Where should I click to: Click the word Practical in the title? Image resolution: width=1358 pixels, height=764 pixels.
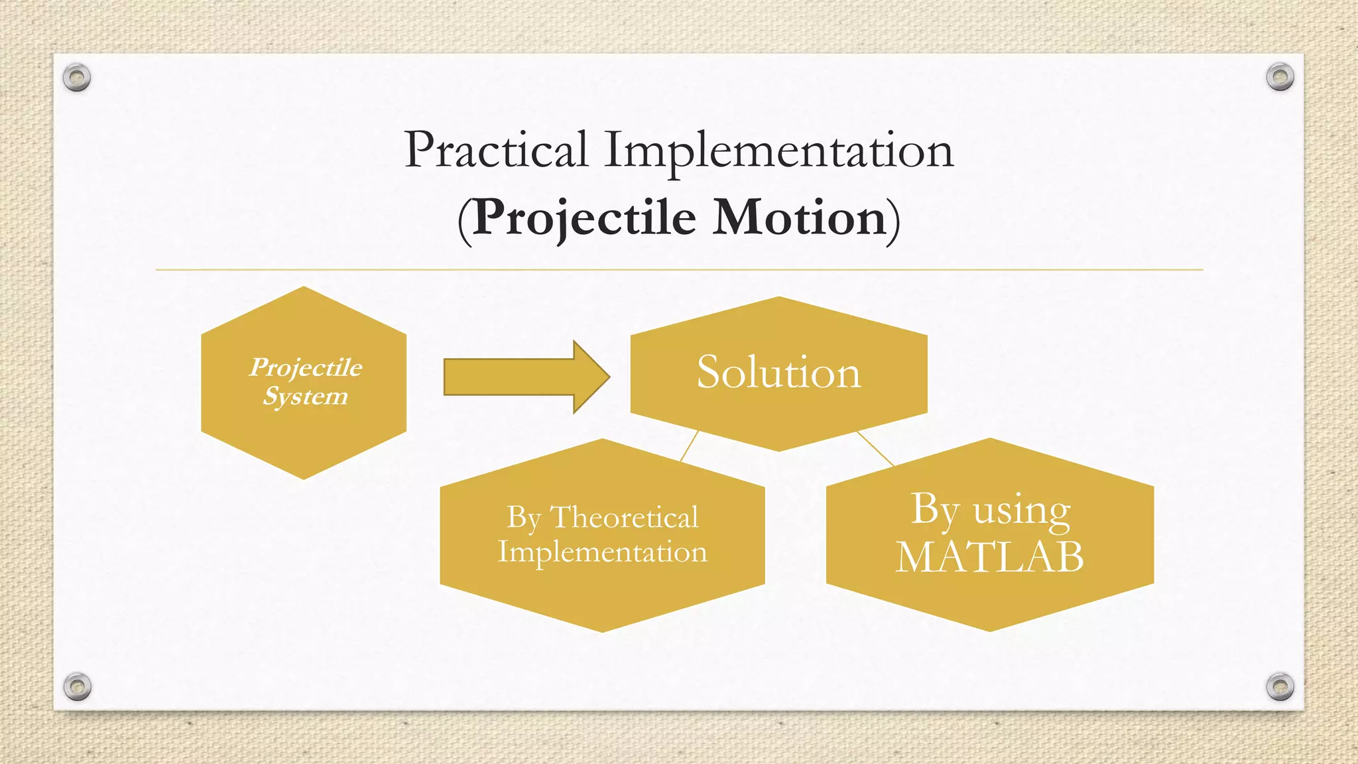(496, 150)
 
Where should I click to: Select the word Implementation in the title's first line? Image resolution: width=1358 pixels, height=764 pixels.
(778, 151)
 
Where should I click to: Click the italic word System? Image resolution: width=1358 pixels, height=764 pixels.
(305, 397)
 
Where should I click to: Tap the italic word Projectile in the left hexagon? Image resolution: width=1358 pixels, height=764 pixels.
(306, 367)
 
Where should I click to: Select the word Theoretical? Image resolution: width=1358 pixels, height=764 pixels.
(624, 517)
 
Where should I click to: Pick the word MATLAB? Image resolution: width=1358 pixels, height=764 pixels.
(989, 556)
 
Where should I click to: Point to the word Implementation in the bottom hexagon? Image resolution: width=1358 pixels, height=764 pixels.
(602, 552)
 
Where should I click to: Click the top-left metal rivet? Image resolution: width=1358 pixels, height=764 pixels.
(77, 78)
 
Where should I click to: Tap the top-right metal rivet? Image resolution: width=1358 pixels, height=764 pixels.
(1280, 77)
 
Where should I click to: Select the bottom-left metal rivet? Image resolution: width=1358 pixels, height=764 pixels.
(77, 686)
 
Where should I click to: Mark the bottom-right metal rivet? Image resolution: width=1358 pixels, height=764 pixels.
(1280, 686)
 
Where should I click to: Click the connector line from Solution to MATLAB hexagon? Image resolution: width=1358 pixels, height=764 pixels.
(875, 448)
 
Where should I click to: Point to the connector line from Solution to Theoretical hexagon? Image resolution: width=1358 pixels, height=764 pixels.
(690, 446)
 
